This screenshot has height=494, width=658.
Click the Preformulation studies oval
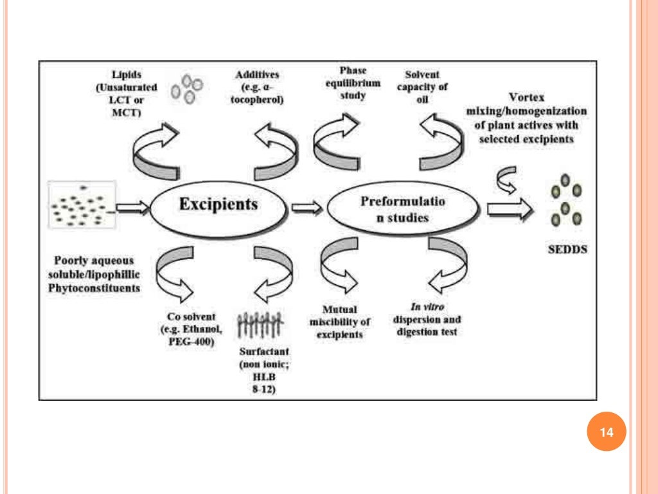(403, 209)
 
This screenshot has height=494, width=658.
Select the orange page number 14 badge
(606, 432)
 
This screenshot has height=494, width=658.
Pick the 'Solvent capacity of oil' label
(422, 87)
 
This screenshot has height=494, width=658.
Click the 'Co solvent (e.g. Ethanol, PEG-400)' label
(188, 329)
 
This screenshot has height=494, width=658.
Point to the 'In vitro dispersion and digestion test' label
(426, 320)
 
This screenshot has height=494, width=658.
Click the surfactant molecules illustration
(259, 325)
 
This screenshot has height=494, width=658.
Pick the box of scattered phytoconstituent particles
(82, 205)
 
